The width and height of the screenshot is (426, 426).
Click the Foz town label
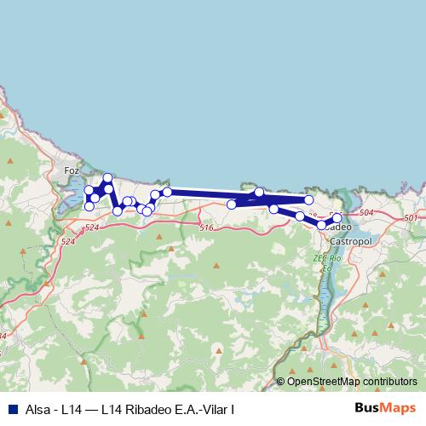tap(72, 170)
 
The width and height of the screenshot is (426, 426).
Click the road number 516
tap(205, 227)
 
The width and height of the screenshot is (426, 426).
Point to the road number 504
tap(367, 212)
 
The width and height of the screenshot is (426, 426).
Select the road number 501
tap(412, 219)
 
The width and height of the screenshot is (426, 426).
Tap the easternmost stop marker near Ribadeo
tap(337, 219)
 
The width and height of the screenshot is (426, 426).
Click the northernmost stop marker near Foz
tap(108, 178)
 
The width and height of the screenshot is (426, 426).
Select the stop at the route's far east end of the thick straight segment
tap(309, 199)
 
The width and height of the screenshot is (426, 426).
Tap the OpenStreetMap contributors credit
tap(352, 381)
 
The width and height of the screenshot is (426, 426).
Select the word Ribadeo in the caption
tap(148, 408)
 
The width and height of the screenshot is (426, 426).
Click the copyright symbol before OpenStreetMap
tap(280, 381)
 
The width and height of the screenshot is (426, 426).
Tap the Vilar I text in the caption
tap(219, 408)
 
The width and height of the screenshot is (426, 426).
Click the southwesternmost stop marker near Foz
tap(89, 206)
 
